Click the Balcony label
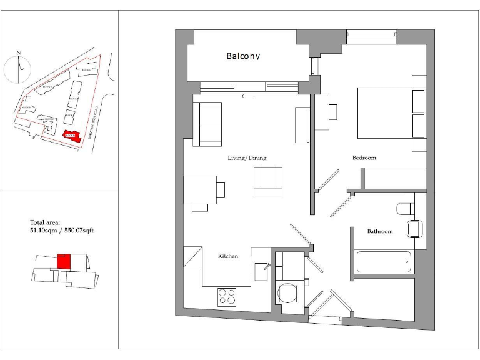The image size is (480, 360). coord(243,56)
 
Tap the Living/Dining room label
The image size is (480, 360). coord(247,158)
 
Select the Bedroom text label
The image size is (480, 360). coord(364,158)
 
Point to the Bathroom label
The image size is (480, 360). coord(380,232)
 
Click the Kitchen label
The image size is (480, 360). coord(227,256)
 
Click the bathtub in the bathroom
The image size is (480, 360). coord(384,262)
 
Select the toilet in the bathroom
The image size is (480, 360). coord(404,208)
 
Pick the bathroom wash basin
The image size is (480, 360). coord(415,229)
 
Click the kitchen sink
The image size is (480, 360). coord(261,271)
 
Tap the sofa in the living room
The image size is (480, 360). coord(207,124)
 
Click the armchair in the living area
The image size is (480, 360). coord(268,181)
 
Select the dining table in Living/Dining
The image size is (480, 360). coord(200,189)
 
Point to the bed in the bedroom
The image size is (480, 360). coord(391,113)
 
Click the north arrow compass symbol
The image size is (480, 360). coord(19,67)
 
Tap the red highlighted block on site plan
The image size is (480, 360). coord(71,136)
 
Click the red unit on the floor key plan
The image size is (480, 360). coord(63,261)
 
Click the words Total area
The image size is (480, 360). coord(45,222)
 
